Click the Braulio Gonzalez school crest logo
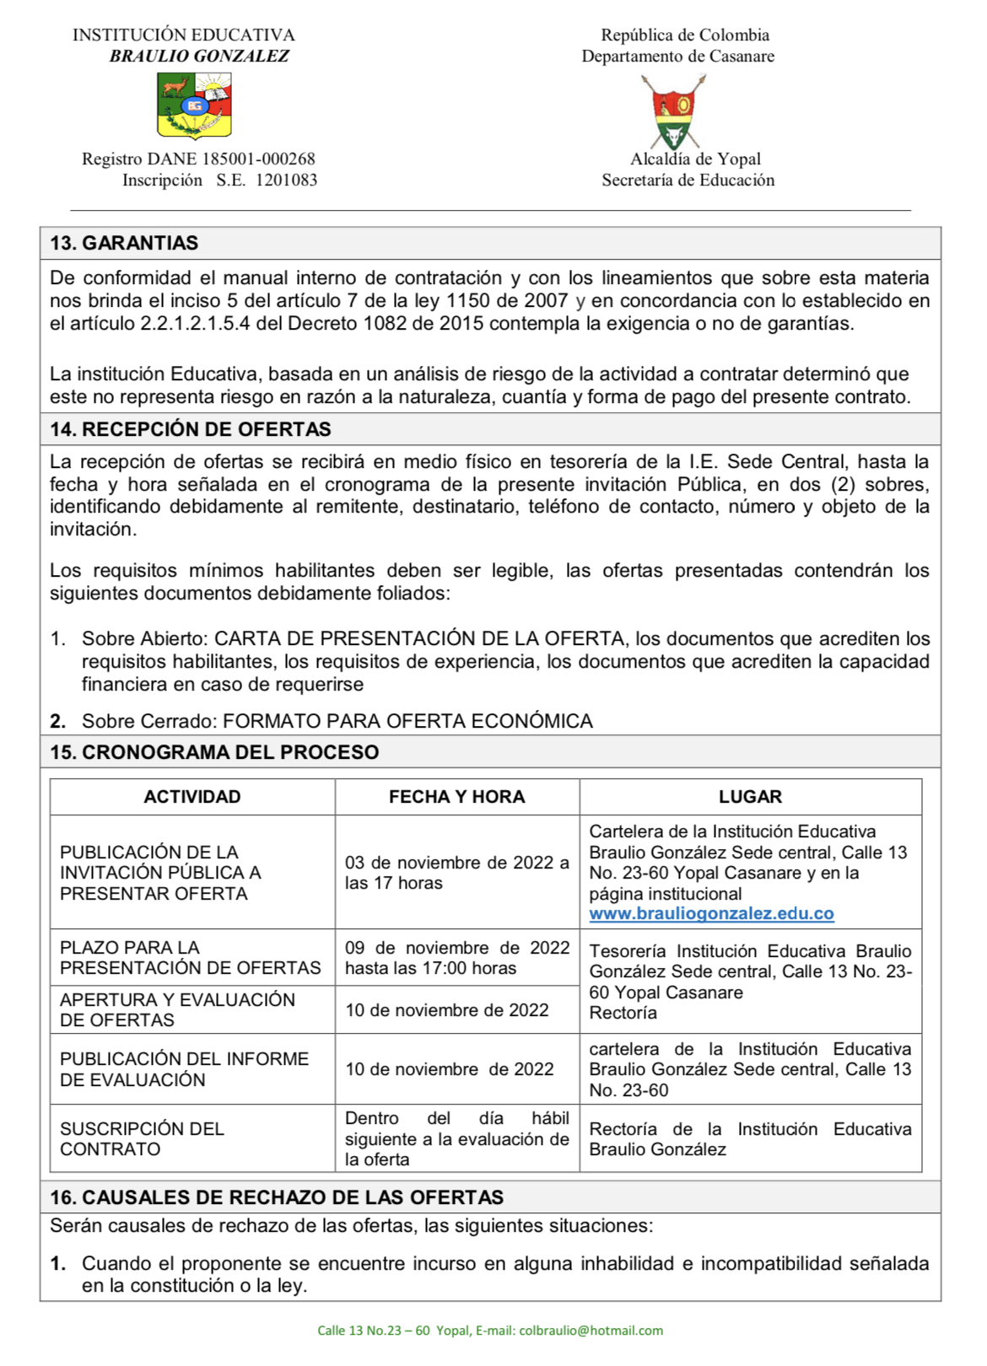(194, 105)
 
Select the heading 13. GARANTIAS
(124, 243)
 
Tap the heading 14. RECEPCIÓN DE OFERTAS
(190, 429)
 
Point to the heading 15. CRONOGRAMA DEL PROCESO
(214, 752)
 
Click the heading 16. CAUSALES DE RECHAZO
(276, 1197)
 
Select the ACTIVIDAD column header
(192, 797)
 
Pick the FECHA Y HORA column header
(456, 797)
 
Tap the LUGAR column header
(750, 797)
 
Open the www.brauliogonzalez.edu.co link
(711, 914)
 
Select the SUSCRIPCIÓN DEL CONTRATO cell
(142, 1139)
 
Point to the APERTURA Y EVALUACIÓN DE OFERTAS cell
(177, 1010)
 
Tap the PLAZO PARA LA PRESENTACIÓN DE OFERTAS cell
(190, 958)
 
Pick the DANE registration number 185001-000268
(258, 159)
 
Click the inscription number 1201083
(286, 180)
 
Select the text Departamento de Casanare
(677, 56)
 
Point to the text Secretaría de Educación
(688, 180)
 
